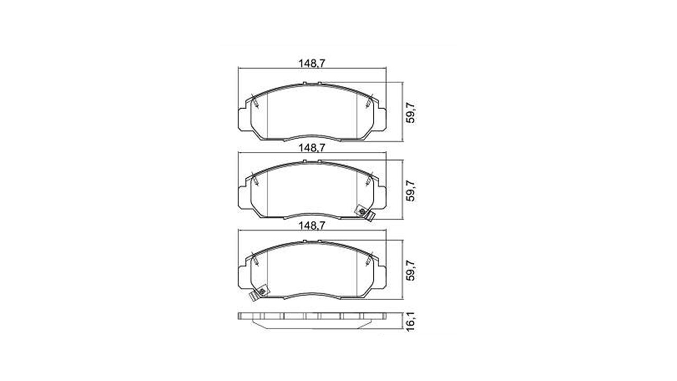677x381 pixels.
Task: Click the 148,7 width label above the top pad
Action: click(x=312, y=63)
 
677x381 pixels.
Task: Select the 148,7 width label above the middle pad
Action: click(x=312, y=148)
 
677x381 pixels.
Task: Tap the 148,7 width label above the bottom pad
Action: click(x=312, y=225)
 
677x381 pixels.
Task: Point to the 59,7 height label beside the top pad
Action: click(x=411, y=112)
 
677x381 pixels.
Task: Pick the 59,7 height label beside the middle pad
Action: click(x=411, y=191)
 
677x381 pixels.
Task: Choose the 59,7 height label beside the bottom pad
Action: click(x=411, y=270)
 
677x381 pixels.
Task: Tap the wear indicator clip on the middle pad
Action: click(x=364, y=213)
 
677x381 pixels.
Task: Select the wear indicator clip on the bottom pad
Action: click(x=259, y=293)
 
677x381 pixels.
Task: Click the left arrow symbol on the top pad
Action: click(x=255, y=101)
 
